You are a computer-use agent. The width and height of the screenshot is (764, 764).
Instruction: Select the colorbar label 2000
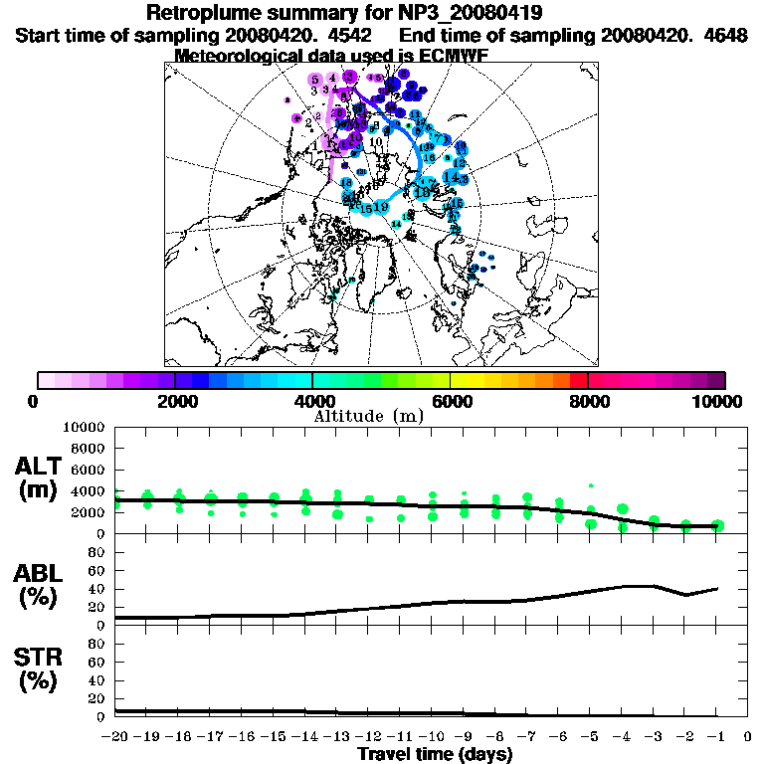click(175, 401)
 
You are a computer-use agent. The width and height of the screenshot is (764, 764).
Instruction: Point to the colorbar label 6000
click(451, 401)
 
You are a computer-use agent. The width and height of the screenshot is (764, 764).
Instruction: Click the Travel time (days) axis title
click(435, 754)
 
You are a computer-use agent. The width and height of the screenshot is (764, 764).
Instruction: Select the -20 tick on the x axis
click(115, 737)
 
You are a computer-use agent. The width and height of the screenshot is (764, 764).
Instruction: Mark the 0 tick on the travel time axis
click(747, 737)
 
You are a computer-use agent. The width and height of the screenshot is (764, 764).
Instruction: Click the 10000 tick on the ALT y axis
click(84, 427)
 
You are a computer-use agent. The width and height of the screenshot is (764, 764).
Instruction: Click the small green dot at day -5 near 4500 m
click(591, 485)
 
